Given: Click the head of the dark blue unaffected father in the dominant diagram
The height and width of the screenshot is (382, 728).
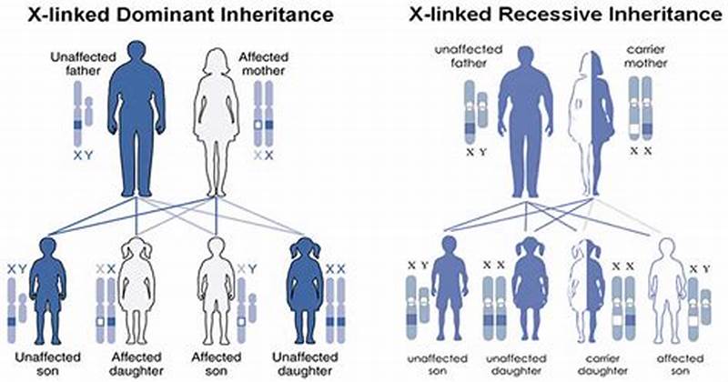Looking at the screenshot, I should coord(136,55).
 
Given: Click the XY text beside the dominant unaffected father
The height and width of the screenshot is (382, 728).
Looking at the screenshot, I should coord(83,156).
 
